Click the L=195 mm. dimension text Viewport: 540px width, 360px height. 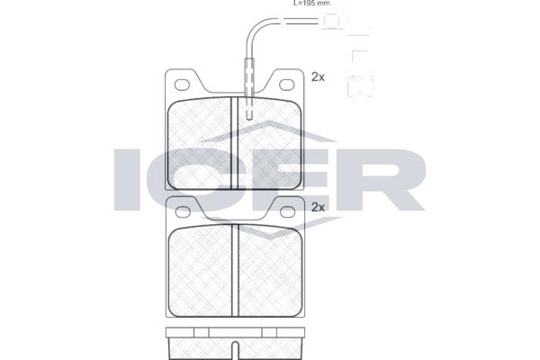(312, 3)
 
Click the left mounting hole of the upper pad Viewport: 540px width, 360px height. (182, 85)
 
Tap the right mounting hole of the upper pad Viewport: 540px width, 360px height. (286, 85)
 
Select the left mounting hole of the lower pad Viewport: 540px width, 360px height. (183, 211)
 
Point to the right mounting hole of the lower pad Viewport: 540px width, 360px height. (287, 211)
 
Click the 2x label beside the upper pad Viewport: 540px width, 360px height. (318, 77)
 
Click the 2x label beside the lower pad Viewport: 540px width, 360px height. (318, 207)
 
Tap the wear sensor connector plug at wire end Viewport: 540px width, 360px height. (332, 21)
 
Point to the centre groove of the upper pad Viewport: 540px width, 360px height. (235, 143)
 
